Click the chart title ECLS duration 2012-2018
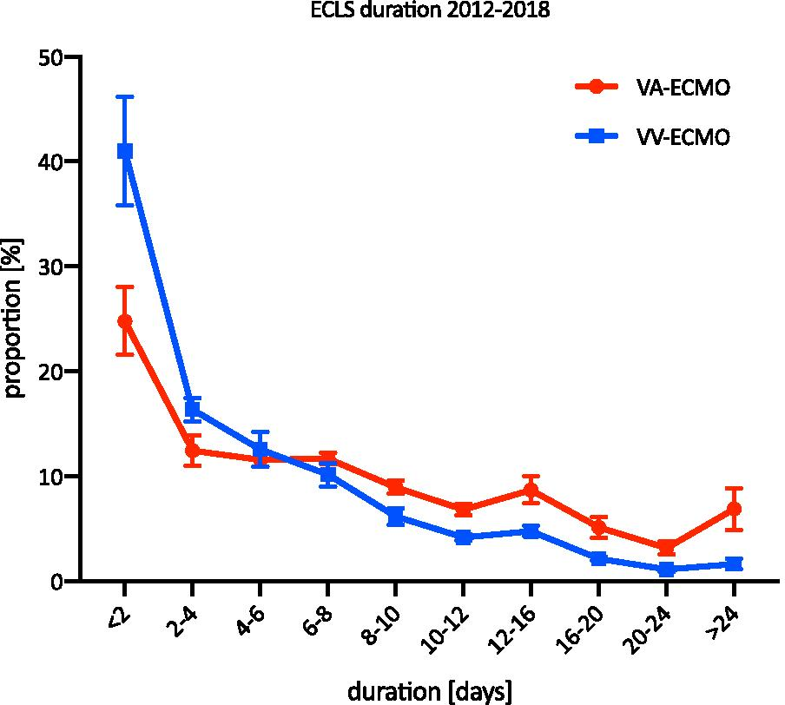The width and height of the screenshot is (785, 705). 392,12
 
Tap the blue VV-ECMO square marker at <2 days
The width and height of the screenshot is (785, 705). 125,151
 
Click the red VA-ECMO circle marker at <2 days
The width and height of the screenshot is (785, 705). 125,321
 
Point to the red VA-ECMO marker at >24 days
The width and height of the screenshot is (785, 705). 734,508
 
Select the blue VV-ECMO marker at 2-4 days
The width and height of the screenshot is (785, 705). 193,409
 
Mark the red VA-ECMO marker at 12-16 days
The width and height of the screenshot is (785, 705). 531,491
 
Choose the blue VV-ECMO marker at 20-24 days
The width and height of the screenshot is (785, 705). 666,570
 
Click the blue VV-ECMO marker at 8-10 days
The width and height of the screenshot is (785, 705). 396,517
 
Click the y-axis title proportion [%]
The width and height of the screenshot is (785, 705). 15,319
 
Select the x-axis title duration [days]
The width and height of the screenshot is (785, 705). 429,691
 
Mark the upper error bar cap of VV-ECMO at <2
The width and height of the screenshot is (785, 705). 125,97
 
